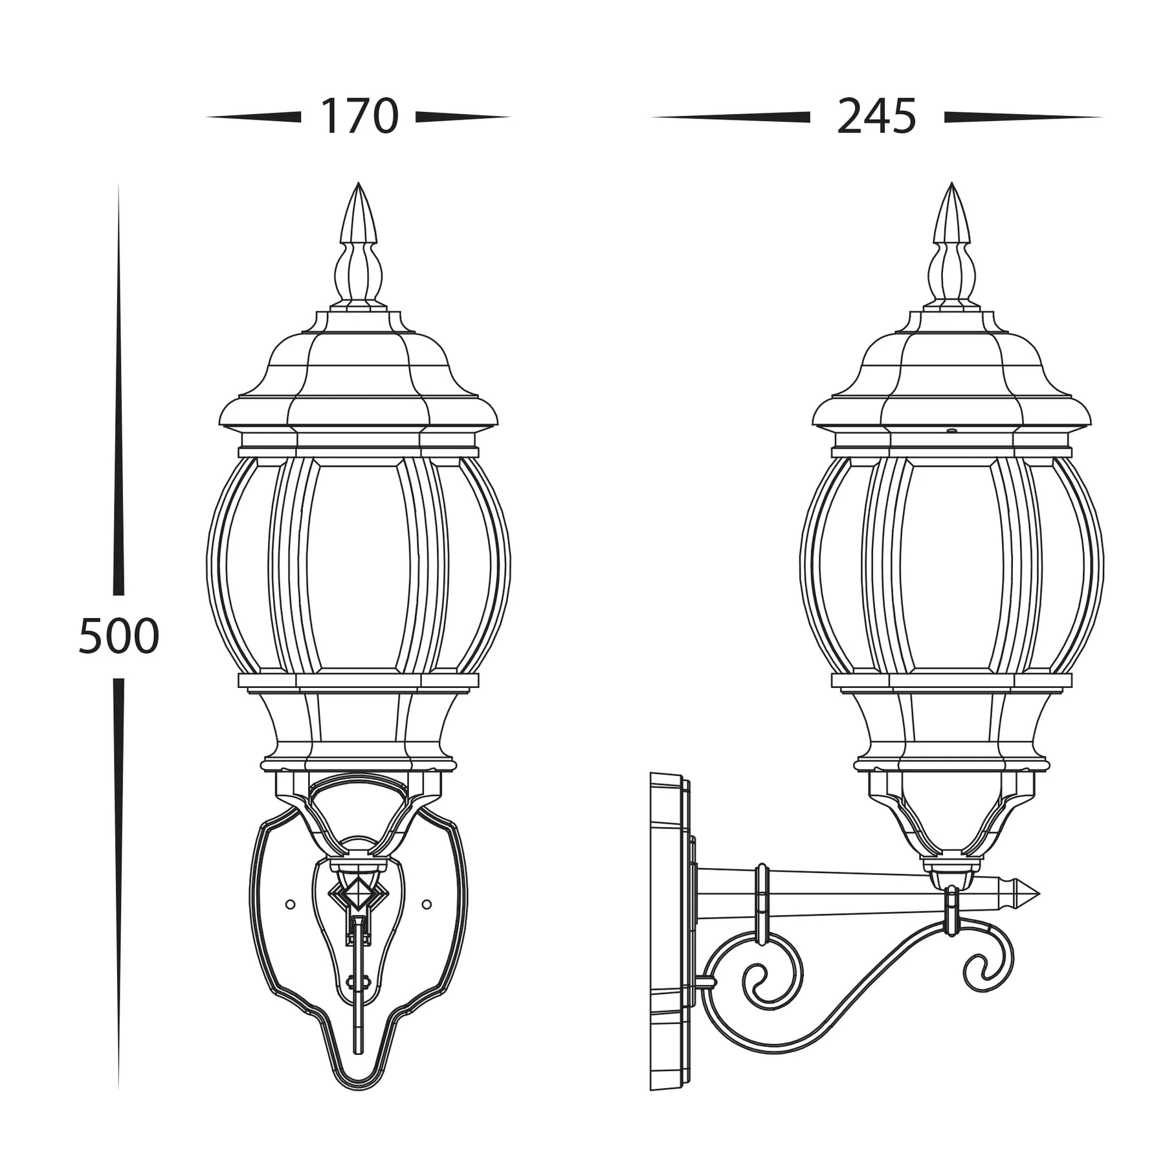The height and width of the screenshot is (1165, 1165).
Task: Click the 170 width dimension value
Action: [x=359, y=117]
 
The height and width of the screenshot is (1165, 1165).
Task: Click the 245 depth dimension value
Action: [x=876, y=117]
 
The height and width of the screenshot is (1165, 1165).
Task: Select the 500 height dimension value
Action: [x=118, y=636]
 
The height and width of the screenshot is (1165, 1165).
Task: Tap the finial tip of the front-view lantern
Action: [x=359, y=186]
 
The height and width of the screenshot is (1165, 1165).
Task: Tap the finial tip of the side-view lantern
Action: [x=951, y=186]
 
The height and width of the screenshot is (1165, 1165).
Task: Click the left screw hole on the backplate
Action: [x=290, y=904]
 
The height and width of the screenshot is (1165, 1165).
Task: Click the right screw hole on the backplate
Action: [x=427, y=904]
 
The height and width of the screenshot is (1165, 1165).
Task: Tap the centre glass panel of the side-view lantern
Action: [x=951, y=563]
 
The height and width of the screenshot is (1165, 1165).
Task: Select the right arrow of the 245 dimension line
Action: [x=1023, y=117]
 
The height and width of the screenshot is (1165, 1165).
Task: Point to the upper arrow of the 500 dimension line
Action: [x=118, y=388]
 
